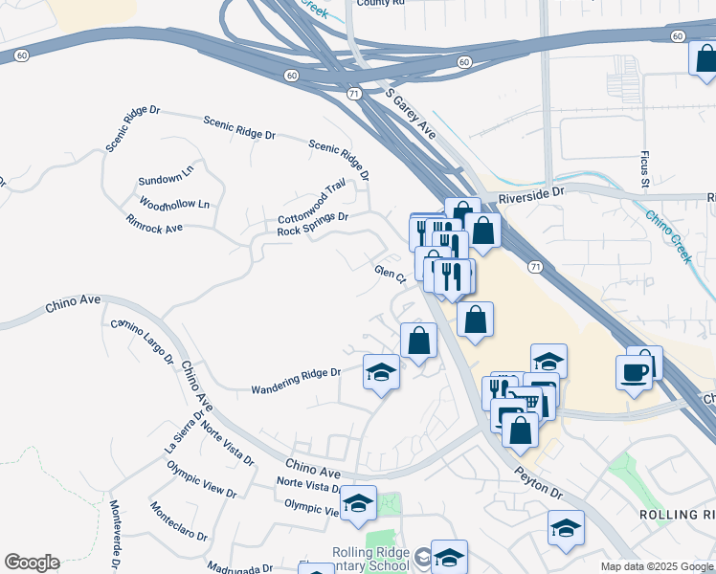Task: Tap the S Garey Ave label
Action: (x=411, y=115)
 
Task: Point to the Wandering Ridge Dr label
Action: (x=296, y=382)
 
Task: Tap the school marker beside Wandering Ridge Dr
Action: (x=381, y=371)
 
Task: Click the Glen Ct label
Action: (x=391, y=275)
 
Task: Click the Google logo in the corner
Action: (x=32, y=563)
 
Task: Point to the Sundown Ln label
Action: (x=166, y=180)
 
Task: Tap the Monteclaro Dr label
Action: (x=179, y=521)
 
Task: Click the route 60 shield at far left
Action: (x=21, y=55)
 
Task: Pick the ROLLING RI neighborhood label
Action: (x=675, y=514)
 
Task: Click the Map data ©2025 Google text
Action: (x=657, y=566)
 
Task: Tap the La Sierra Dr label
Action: (x=185, y=431)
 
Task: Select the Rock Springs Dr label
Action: (x=312, y=224)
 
